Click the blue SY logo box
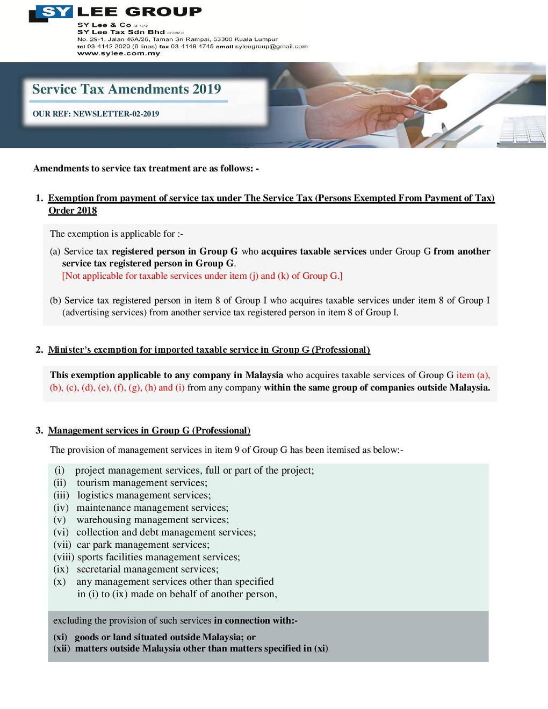[55, 12]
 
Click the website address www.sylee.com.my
[119, 53]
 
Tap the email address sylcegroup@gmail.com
[271, 46]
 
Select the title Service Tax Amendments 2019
[126, 89]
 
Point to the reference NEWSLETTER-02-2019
[116, 114]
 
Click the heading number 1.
[39, 198]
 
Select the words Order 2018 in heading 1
[73, 211]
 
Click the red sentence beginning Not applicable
[202, 276]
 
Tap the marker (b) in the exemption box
[55, 301]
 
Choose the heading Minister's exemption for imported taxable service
[209, 350]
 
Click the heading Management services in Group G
[149, 431]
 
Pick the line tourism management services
[141, 483]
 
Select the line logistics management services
[144, 495]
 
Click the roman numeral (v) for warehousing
[60, 520]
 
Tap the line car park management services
[143, 545]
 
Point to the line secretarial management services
[147, 569]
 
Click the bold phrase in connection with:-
[256, 621]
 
